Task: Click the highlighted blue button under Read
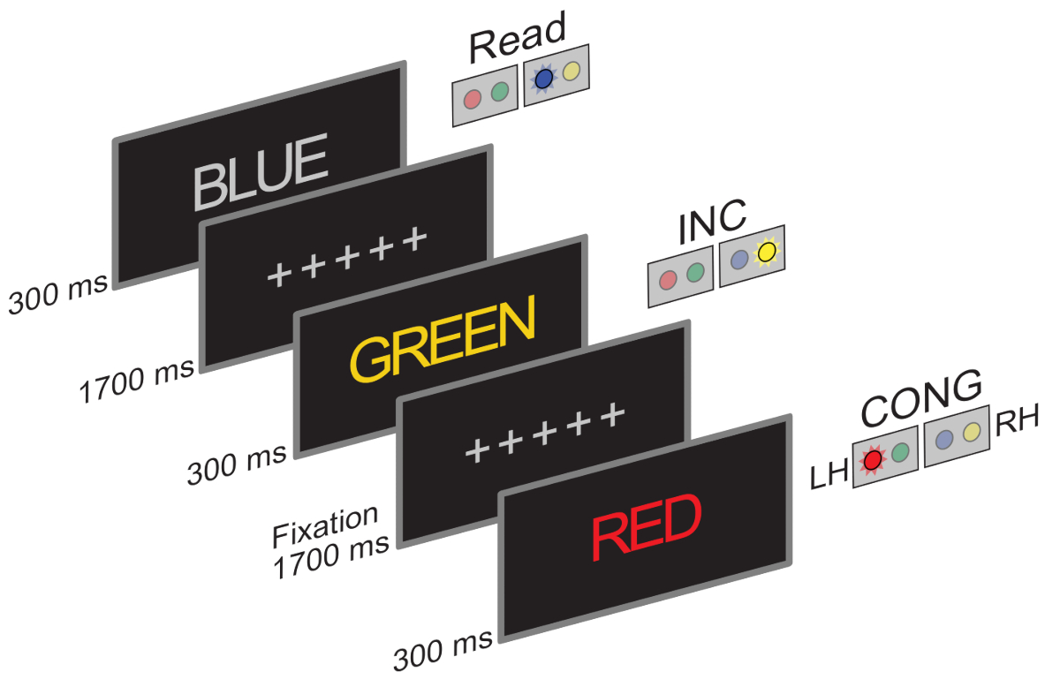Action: point(543,80)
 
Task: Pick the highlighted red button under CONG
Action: point(874,459)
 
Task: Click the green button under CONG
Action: point(900,452)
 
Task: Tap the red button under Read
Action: point(473,99)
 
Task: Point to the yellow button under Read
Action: point(571,72)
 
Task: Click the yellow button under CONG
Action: point(972,433)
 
